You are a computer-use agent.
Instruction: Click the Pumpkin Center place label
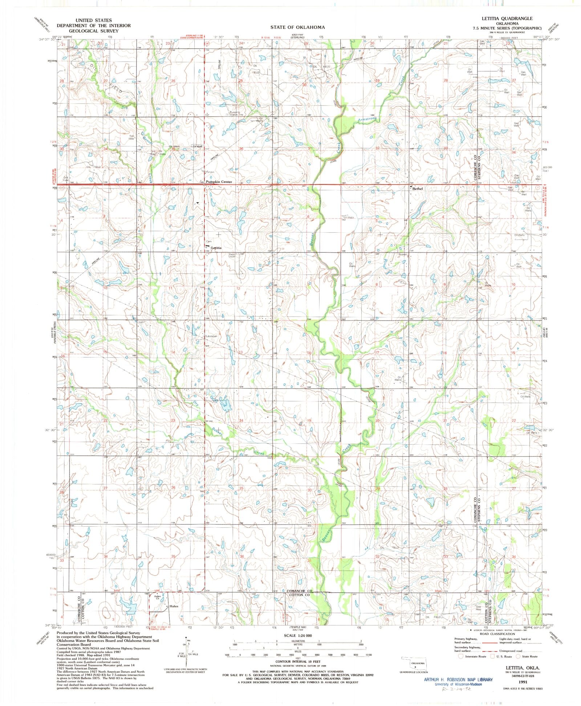pos(219,182)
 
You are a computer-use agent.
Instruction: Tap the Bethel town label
pos(418,189)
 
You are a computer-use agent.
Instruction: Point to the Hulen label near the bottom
pos(174,607)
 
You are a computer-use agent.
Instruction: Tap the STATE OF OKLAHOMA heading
pos(297,27)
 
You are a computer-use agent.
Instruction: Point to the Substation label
pos(211,336)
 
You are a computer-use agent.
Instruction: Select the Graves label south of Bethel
pos(402,254)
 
